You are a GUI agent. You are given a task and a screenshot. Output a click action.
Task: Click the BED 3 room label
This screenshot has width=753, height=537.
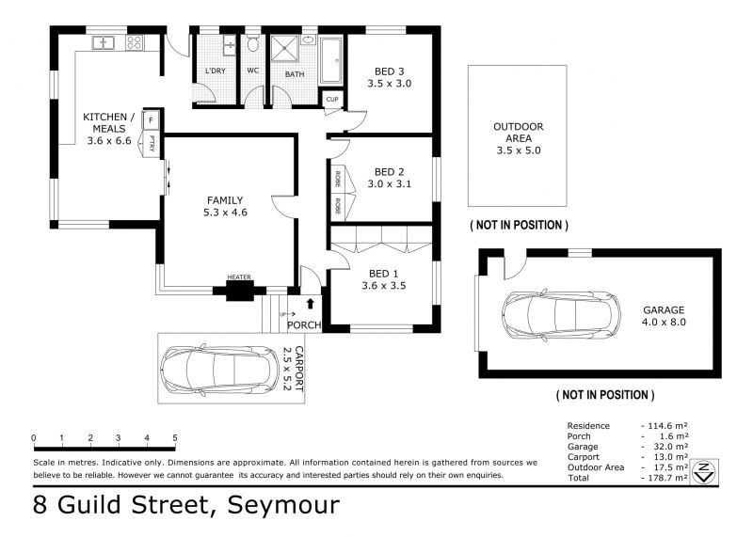click(389, 71)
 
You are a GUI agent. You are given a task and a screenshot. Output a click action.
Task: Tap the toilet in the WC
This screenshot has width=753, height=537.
click(252, 43)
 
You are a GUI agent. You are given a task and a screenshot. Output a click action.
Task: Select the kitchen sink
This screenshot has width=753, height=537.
click(103, 42)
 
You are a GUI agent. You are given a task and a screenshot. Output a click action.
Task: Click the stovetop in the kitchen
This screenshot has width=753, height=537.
click(134, 42)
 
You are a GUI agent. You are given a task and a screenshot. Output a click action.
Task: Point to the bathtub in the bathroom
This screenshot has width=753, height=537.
click(331, 60)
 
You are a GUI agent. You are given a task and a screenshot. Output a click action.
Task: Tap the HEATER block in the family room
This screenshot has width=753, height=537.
click(239, 291)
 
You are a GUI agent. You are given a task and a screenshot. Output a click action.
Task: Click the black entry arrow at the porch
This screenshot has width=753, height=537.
click(311, 303)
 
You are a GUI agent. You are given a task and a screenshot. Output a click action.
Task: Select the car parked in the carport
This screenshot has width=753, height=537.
click(219, 369)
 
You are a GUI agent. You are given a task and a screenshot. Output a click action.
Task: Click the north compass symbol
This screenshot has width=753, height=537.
click(704, 472)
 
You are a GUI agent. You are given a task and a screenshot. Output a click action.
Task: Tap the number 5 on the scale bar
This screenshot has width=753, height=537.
click(175, 437)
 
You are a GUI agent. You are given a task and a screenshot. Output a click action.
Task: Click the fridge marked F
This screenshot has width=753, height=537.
click(151, 120)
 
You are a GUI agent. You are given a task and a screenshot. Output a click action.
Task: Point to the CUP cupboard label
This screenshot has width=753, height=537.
click(332, 100)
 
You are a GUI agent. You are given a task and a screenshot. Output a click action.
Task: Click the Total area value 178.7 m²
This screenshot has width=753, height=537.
click(667, 478)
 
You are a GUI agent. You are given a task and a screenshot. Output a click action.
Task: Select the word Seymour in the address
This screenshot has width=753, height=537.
click(283, 505)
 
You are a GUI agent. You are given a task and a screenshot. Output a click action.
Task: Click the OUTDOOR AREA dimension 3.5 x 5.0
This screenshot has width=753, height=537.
click(519, 150)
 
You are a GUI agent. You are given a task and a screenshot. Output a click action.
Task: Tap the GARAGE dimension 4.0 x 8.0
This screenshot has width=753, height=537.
click(664, 322)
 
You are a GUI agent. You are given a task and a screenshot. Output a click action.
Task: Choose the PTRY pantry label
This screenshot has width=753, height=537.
click(152, 143)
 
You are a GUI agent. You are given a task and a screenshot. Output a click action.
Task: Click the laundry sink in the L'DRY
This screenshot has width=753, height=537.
click(230, 45)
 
